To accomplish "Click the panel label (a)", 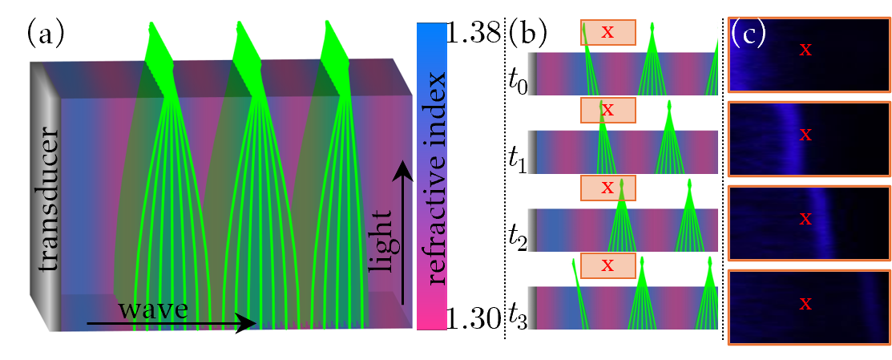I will [x=46, y=34].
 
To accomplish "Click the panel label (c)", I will [x=748, y=34].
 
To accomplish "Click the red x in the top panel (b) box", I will [x=607, y=32].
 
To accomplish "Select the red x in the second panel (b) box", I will [x=607, y=109].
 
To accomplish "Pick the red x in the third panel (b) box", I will [x=607, y=188].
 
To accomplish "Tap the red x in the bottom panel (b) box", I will [x=607, y=265].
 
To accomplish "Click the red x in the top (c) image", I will [x=806, y=50].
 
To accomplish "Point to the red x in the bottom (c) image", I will [x=806, y=303].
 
